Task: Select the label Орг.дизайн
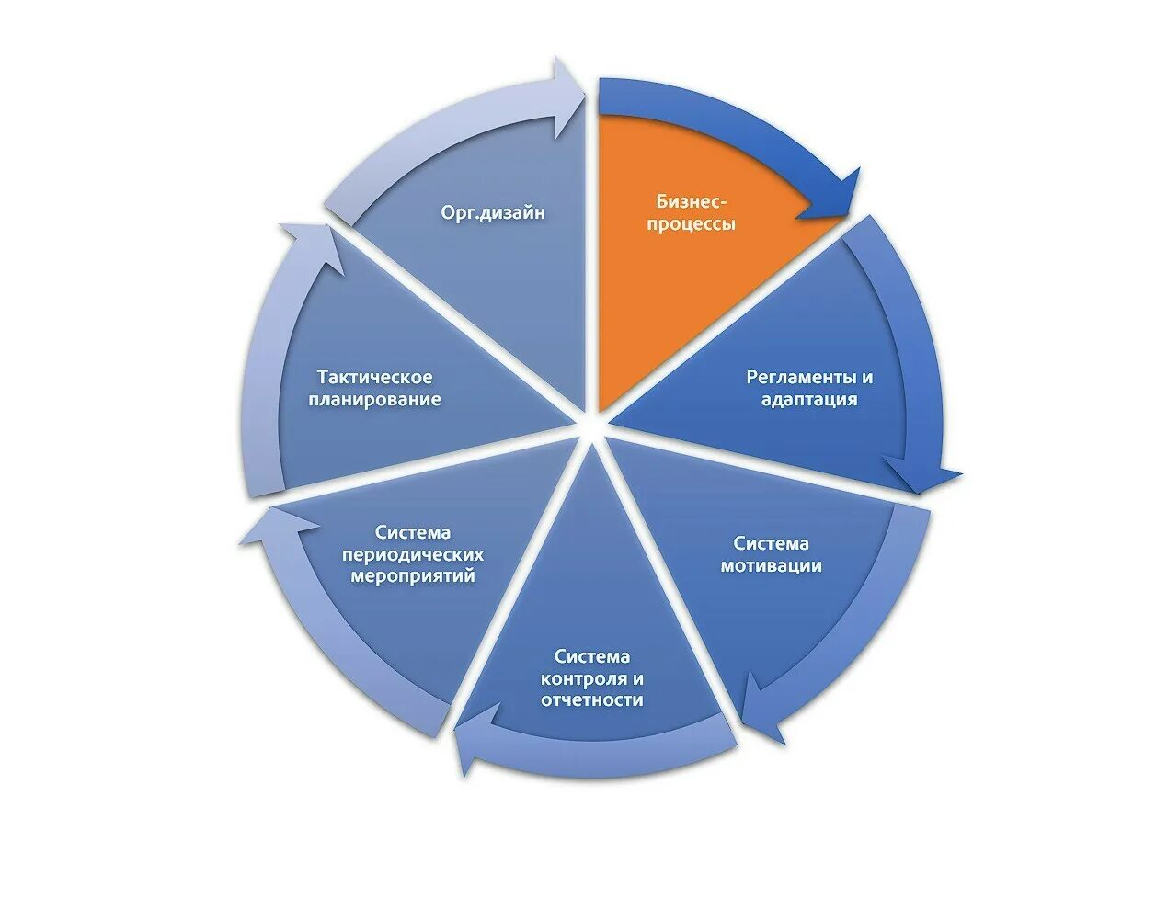point(493,212)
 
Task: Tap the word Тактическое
point(374,377)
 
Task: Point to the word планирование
point(374,400)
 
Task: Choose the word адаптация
point(809,400)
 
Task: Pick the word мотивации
point(771,566)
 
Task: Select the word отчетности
point(592,700)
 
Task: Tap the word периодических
point(413,555)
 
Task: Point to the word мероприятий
point(413,577)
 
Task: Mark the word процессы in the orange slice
point(691,224)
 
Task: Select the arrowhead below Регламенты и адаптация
point(929,473)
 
